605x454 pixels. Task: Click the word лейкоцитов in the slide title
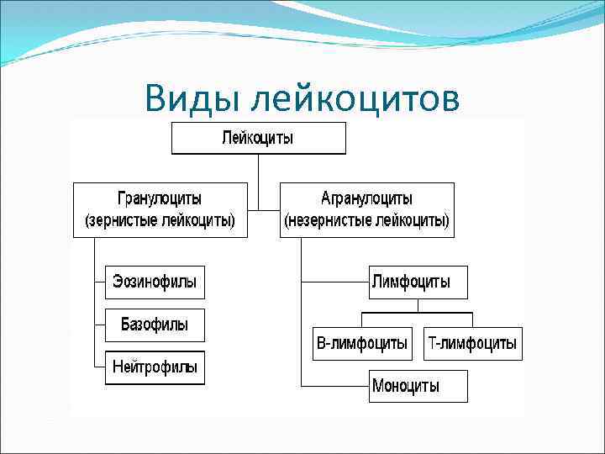coord(355,98)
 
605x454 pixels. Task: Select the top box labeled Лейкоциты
coord(258,137)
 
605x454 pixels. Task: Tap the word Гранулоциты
coord(160,199)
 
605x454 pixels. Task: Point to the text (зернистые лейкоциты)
coord(160,221)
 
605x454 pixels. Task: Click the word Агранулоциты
coord(366,199)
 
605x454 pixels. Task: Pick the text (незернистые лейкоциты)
coord(366,221)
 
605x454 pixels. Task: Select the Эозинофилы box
coord(155,282)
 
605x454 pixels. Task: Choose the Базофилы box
coord(155,325)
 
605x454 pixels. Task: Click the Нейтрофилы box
coord(155,367)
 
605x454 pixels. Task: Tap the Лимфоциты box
coord(418,282)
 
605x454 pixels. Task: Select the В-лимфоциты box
coord(362,343)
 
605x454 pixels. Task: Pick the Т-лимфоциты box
coord(473,343)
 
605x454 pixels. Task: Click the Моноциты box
coord(418,386)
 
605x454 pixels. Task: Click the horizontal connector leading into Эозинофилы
coord(100,282)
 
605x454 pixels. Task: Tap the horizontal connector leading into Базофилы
coord(100,325)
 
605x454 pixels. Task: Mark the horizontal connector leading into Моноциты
coord(334,386)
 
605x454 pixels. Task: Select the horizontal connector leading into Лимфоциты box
coord(334,282)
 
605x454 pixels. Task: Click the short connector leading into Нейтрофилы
coord(100,367)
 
